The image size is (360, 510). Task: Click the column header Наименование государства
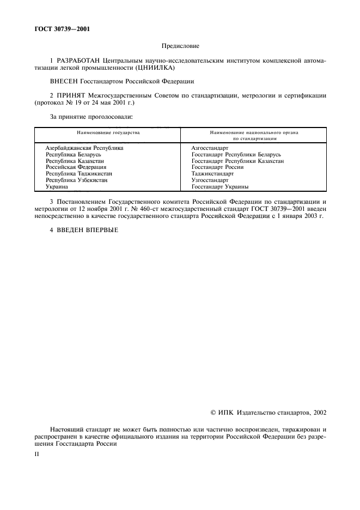click(107, 132)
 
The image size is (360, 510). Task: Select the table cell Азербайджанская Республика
click(84, 148)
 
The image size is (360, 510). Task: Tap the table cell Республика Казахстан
click(75, 161)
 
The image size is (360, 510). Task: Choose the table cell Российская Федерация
click(76, 167)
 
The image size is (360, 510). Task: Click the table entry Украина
click(57, 187)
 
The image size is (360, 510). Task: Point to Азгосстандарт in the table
click(210, 148)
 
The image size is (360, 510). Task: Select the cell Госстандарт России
click(217, 167)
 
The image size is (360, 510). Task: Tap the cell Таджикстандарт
click(212, 174)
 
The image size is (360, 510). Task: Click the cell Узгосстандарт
click(210, 180)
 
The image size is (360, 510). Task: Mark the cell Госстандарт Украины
click(220, 187)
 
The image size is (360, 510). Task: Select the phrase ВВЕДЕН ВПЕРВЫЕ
click(86, 229)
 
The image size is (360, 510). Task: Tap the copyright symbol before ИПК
click(213, 413)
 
